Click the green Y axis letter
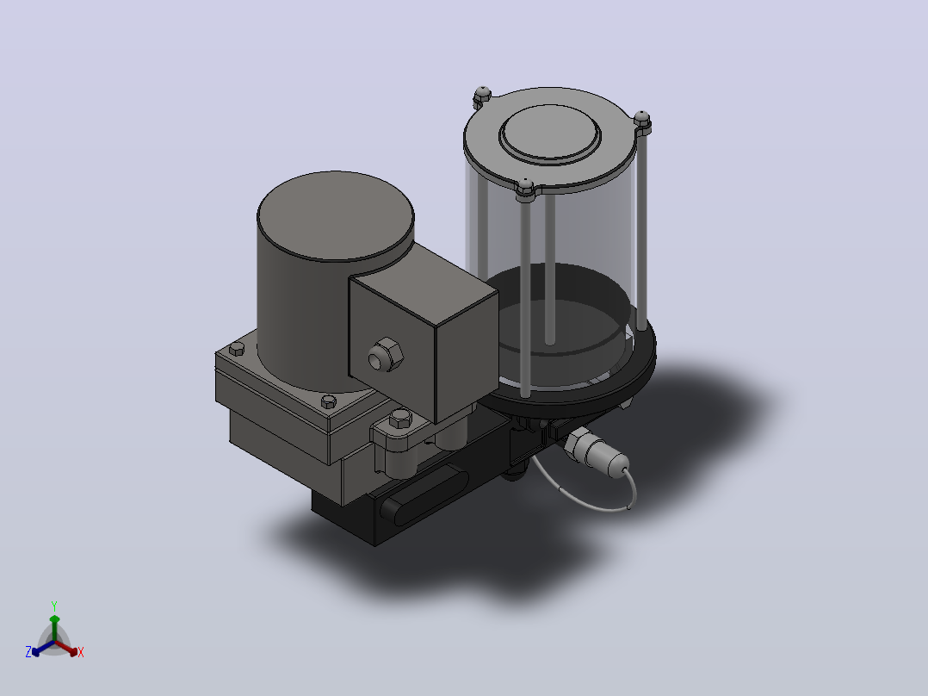pyautogui.click(x=54, y=606)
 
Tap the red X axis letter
pyautogui.click(x=81, y=652)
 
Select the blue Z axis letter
pyautogui.click(x=28, y=652)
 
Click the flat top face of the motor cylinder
pyautogui.click(x=336, y=215)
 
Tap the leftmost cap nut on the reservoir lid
pyautogui.click(x=482, y=95)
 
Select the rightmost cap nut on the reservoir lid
pyautogui.click(x=642, y=121)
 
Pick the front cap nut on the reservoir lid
pyautogui.click(x=525, y=187)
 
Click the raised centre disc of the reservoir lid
pyautogui.click(x=550, y=132)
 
